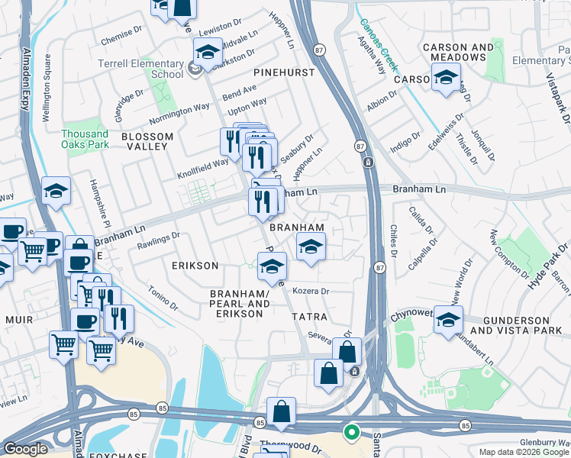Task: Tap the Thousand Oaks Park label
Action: (85, 139)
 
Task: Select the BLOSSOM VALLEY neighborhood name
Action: (147, 137)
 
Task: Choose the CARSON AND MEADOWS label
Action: (461, 52)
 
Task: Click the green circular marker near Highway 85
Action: (352, 433)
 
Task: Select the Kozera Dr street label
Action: (310, 292)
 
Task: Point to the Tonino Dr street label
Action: (162, 297)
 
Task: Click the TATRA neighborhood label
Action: (308, 316)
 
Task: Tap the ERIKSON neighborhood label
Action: (195, 266)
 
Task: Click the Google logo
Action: (25, 449)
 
